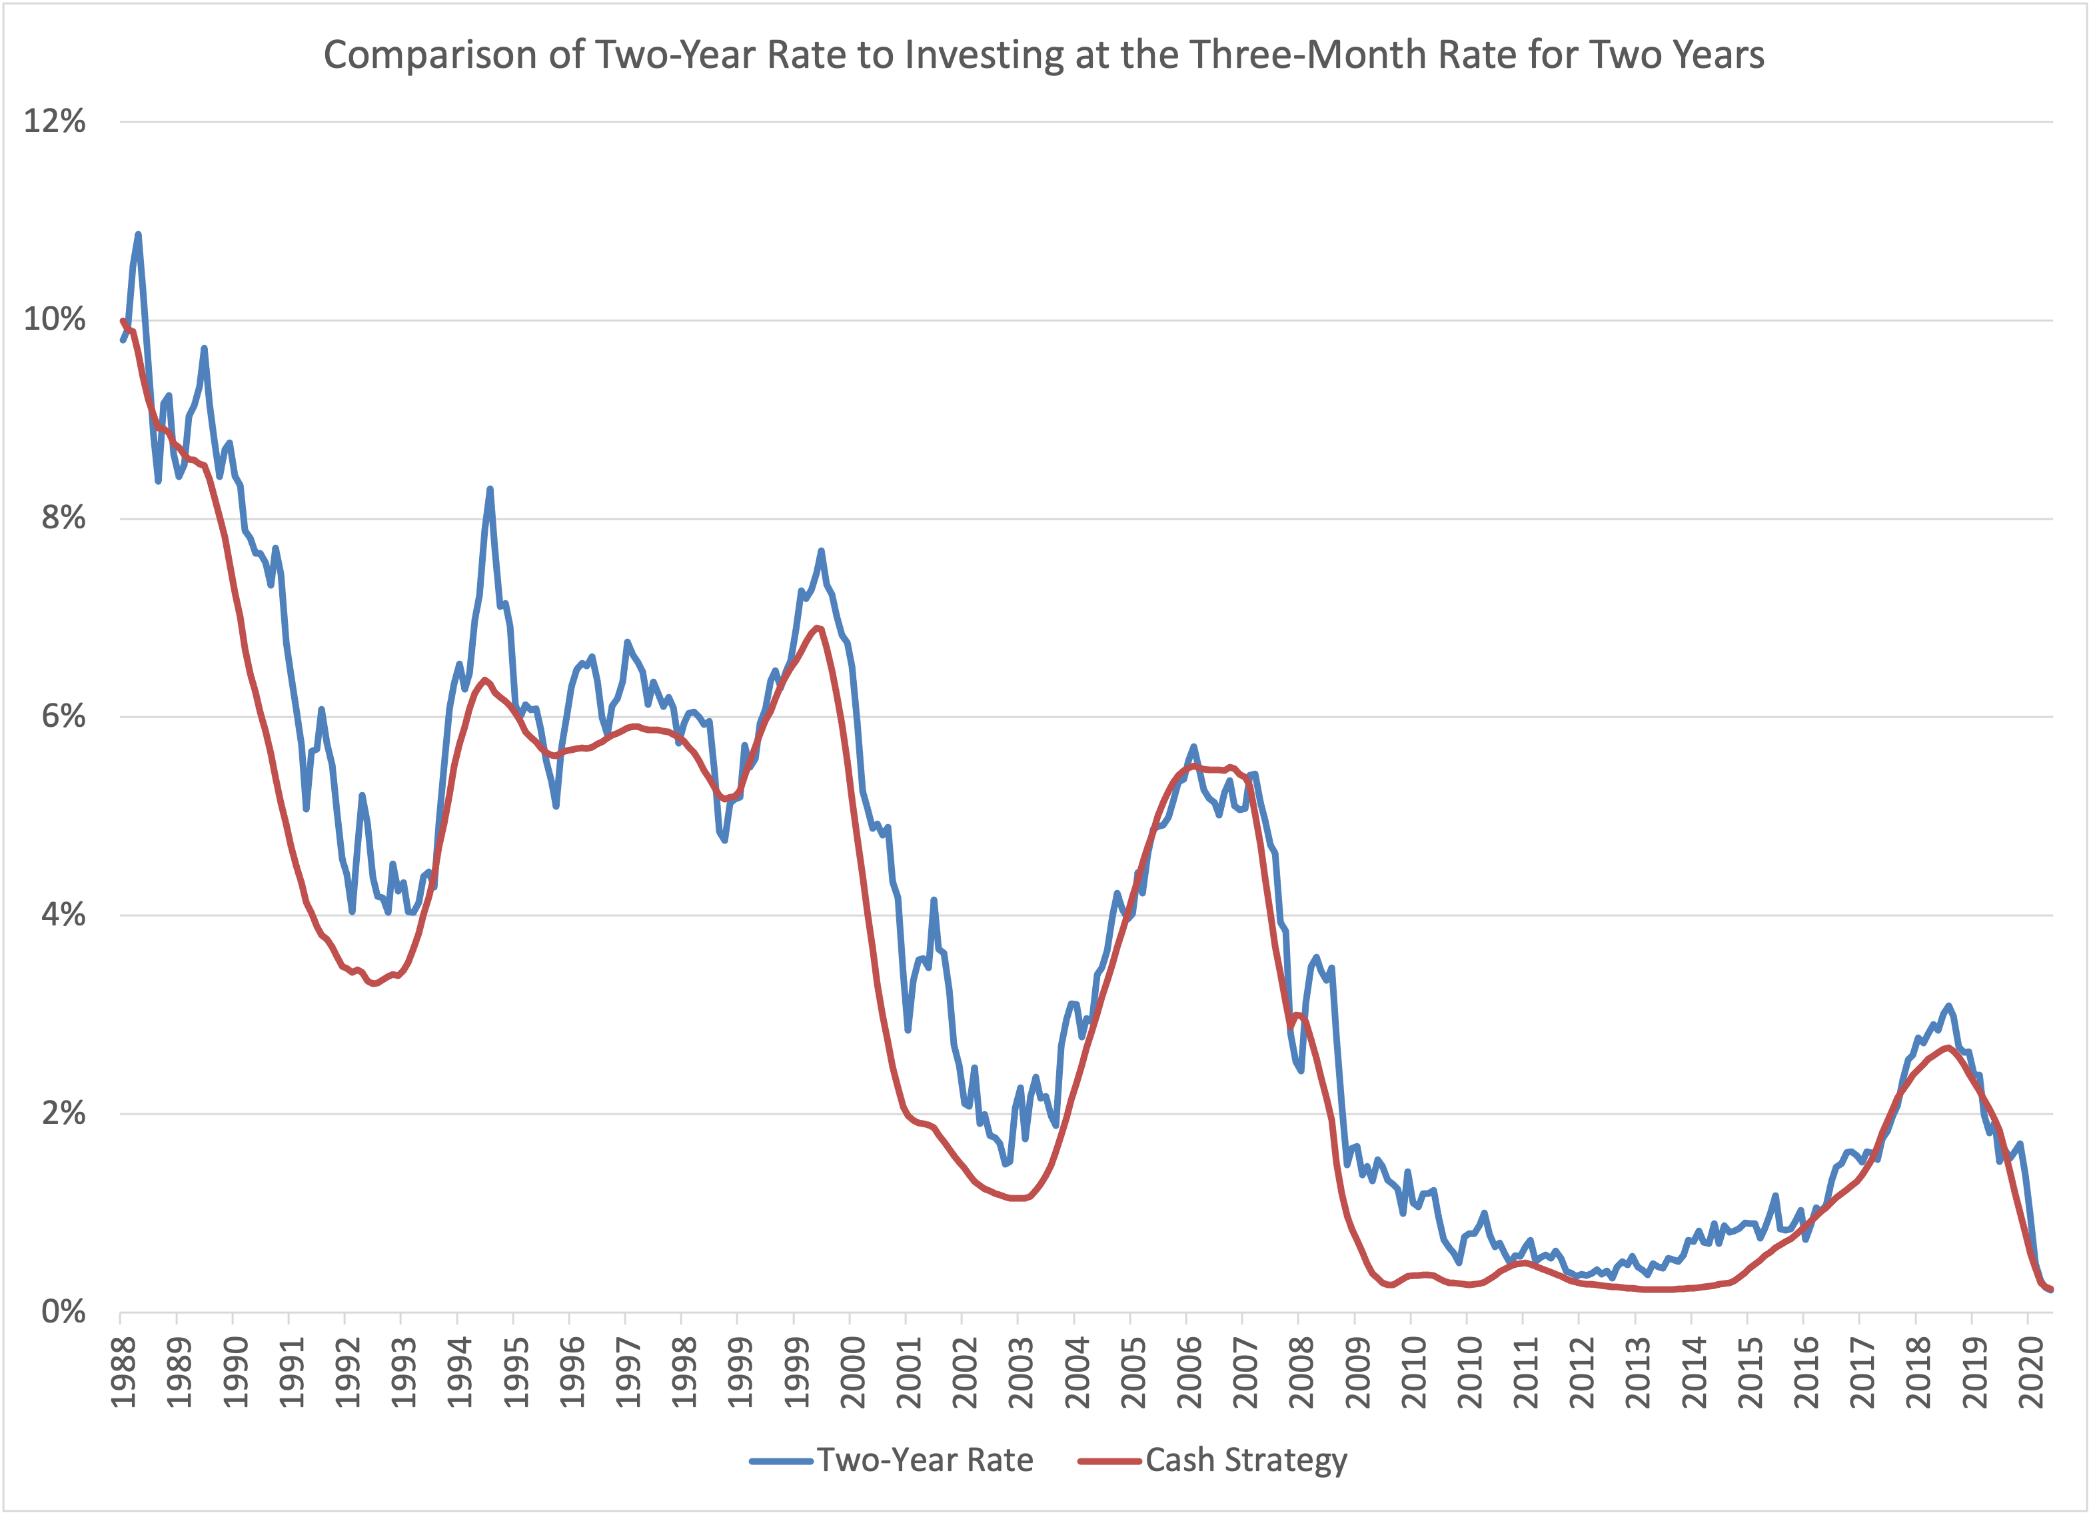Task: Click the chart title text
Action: click(1044, 55)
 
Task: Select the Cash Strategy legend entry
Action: click(1245, 1460)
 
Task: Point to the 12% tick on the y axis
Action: click(55, 121)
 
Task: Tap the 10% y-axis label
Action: click(55, 320)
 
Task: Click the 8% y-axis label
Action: click(63, 518)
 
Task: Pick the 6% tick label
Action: click(63, 717)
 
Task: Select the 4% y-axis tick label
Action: click(63, 915)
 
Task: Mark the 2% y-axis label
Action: click(63, 1113)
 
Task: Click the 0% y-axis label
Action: click(63, 1312)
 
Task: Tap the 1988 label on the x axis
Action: click(123, 1372)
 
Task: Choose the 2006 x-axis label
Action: click(1189, 1372)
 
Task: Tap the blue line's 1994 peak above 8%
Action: click(490, 489)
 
